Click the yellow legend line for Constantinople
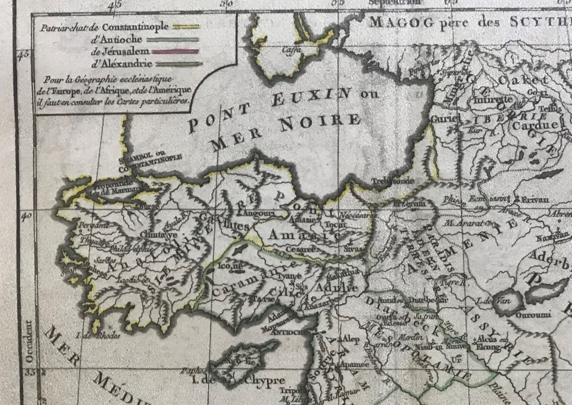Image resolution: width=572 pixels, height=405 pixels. [186, 27]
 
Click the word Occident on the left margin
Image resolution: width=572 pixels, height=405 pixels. [29, 341]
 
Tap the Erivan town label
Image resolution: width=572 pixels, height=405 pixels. [534, 199]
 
